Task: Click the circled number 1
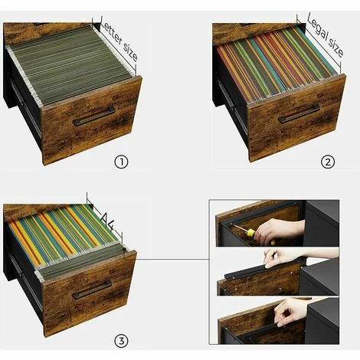pos(121,162)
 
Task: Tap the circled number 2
pos(328,162)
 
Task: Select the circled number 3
pos(121,341)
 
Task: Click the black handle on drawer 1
pos(93,116)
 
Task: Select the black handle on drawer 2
pos(299,113)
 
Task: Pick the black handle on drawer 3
pos(92,290)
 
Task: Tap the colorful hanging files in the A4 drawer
pos(64,235)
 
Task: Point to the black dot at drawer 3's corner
pos(124,250)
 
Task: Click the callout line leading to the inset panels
pos(167,260)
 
